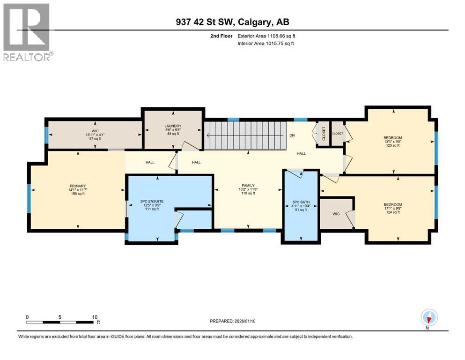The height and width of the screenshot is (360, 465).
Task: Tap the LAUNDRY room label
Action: coord(173,126)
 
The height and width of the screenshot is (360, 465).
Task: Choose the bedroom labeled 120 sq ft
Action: coord(392,138)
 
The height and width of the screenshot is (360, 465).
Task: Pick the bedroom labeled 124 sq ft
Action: coord(392,204)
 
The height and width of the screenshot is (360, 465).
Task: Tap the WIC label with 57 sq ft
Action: coord(95,131)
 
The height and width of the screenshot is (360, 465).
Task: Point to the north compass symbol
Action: coord(428,317)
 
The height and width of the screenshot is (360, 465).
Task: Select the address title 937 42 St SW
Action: coord(232,22)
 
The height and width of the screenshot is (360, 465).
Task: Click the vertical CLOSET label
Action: coord(323,133)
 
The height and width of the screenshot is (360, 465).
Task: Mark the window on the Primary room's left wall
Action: coord(29,196)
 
